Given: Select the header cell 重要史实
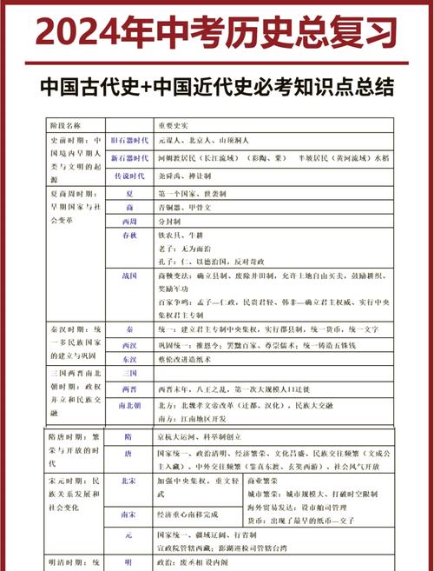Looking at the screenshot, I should [x=173, y=125].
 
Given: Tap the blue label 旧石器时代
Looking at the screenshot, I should [x=129, y=140].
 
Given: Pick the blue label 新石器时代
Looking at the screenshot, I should [x=129, y=158].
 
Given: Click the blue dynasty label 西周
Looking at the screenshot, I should [x=129, y=222].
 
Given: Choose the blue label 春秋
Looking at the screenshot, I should [x=129, y=236].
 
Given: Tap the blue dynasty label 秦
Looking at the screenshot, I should [x=129, y=331].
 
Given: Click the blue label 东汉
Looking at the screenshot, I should [x=129, y=358].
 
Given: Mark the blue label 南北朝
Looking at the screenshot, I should [x=129, y=404].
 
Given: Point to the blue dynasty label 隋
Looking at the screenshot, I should [x=128, y=437].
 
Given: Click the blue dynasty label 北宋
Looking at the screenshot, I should [x=128, y=479].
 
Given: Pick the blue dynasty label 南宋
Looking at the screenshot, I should [x=128, y=515].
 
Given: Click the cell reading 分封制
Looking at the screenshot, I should [x=170, y=222].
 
